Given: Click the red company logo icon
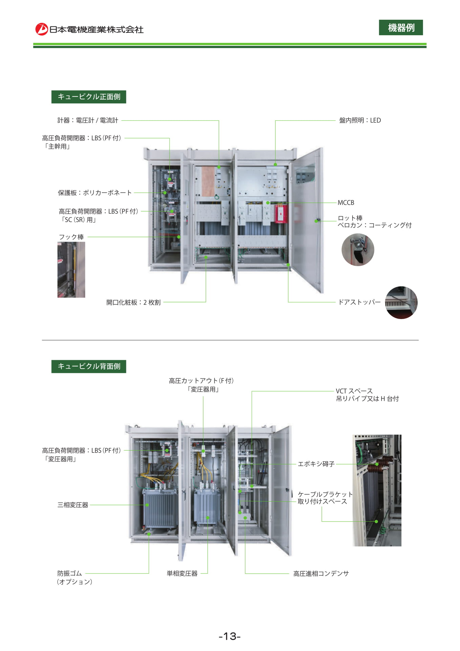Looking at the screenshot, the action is (42, 29).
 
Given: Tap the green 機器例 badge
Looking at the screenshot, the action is (401, 27).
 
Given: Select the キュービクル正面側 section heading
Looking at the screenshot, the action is (89, 97).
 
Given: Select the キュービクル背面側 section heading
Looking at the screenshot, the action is (89, 366).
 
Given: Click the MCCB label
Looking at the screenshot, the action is (346, 203).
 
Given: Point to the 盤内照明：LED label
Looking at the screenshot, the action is (360, 120).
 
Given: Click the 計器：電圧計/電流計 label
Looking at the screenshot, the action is (88, 120).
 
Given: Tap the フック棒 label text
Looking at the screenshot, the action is (71, 237).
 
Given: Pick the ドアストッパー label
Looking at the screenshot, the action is (359, 302).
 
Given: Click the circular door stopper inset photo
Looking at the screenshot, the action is (401, 302).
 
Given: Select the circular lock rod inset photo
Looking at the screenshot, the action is (358, 250).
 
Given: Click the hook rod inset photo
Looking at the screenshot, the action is (71, 270).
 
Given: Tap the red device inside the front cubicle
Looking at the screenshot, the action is (281, 213).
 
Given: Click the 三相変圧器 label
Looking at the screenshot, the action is (73, 505).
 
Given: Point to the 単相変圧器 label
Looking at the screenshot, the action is (182, 573).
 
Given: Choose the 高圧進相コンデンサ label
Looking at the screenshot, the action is (321, 573).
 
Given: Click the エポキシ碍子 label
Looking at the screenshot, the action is (316, 464).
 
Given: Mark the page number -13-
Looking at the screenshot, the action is (230, 636).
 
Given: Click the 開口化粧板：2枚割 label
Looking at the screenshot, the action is (133, 302).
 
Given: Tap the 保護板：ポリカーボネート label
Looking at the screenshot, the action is (95, 193).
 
